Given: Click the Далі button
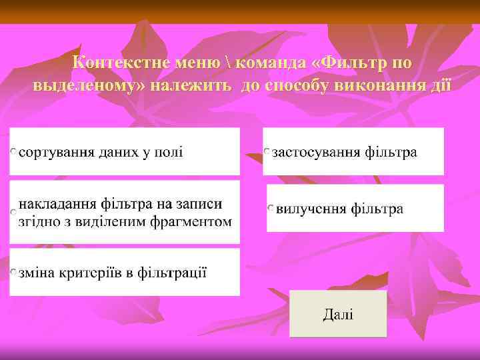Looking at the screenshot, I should (x=338, y=313).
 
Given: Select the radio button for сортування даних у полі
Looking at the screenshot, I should (x=14, y=153).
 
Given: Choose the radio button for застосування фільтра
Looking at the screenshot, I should (x=267, y=153).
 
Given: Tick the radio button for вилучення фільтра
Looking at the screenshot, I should (x=271, y=209).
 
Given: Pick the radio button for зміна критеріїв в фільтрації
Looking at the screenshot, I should (x=14, y=273).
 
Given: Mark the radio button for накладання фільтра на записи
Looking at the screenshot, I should (x=13, y=212).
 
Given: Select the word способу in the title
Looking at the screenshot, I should (x=298, y=85).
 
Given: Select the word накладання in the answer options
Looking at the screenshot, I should (x=58, y=203).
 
